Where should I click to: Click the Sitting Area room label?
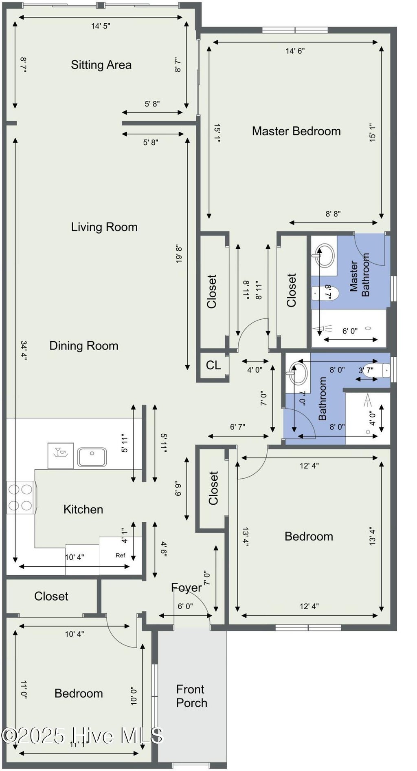coord(101,65)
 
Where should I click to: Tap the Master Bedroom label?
coord(296,131)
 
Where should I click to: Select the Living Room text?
coord(104,227)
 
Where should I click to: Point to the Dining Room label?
coord(84,346)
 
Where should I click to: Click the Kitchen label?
coord(83,509)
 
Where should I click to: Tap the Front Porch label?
coord(191,696)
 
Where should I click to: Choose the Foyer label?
coord(186,588)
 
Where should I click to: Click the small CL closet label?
coord(213,365)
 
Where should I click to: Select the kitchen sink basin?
coord(92,457)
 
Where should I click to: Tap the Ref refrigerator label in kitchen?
coord(120,555)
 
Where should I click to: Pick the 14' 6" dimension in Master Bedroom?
coord(295,51)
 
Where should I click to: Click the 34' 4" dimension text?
coord(24,351)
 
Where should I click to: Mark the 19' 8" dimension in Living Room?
coord(179,254)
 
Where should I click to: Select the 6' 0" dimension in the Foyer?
coord(185,606)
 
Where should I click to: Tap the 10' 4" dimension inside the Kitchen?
coord(75,557)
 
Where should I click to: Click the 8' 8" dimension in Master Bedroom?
coord(333,214)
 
